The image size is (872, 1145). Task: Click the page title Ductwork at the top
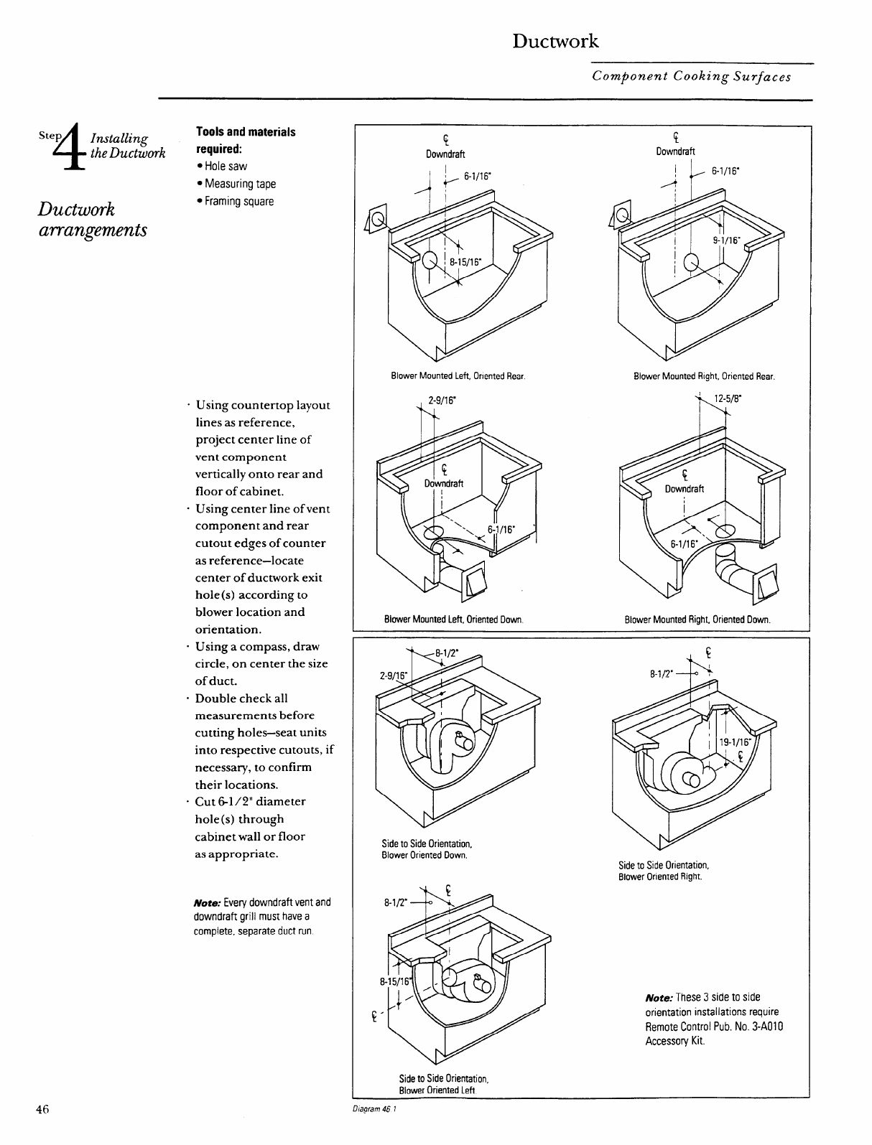click(x=555, y=41)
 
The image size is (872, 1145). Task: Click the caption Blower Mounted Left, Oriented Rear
click(x=458, y=375)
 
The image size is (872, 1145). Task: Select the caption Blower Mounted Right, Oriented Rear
click(x=704, y=375)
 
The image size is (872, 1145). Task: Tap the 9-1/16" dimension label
click(x=725, y=241)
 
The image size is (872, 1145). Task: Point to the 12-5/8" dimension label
click(x=730, y=399)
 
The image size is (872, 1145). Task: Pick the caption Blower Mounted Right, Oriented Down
click(x=697, y=619)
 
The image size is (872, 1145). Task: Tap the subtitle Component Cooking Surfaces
click(x=692, y=76)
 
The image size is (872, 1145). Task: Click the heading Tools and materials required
click(x=245, y=141)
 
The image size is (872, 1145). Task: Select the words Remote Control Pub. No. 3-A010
click(x=713, y=1026)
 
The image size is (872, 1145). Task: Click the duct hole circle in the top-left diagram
click(x=430, y=261)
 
